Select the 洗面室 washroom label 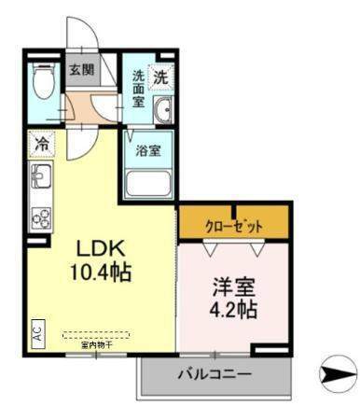click(x=137, y=88)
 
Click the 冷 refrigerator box click(x=42, y=144)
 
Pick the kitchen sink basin click(x=40, y=175)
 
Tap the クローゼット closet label click(x=234, y=227)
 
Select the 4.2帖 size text click(x=234, y=310)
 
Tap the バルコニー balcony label click(x=214, y=375)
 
